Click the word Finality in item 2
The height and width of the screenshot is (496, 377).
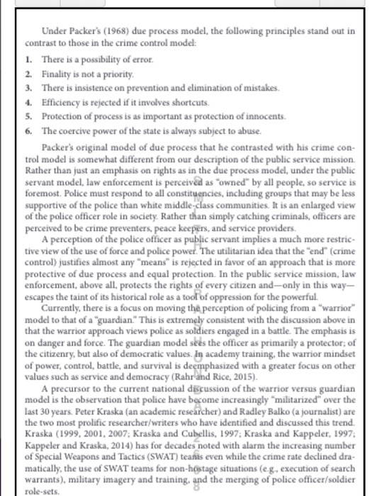click(58, 74)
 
